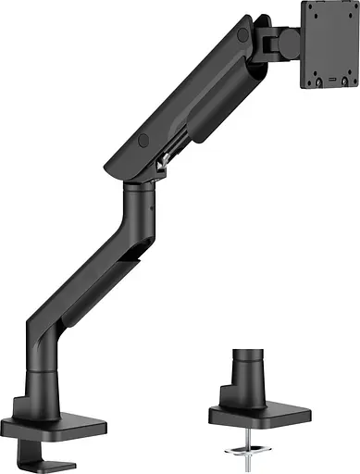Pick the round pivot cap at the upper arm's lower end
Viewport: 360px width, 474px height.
[x=143, y=141]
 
